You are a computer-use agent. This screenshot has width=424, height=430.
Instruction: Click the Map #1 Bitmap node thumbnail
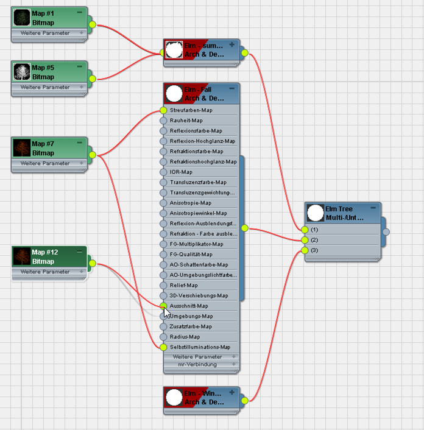pos(22,18)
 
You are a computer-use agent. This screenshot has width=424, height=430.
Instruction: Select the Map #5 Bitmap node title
pos(43,72)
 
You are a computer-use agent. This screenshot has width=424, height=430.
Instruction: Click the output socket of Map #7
pos(93,155)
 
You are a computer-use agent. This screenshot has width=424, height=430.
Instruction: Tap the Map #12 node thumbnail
pos(22,256)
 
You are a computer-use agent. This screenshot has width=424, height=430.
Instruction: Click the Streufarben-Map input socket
pos(163,110)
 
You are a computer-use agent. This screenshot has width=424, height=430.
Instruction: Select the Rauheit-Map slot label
pos(186,121)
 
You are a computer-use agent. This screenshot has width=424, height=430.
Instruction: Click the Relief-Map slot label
pos(183,285)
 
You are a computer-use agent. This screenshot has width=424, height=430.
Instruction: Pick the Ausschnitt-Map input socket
pos(163,306)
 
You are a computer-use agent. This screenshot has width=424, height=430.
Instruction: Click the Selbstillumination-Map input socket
pos(163,347)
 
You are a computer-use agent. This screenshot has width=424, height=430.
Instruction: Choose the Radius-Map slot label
pos(185,336)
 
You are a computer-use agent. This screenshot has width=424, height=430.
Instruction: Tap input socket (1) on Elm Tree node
pos(305,230)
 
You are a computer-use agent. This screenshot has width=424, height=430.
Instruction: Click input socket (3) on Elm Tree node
pos(305,250)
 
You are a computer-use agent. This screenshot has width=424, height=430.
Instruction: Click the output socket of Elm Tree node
pos(385,231)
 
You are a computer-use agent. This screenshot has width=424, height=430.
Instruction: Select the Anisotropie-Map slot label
pos(190,202)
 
